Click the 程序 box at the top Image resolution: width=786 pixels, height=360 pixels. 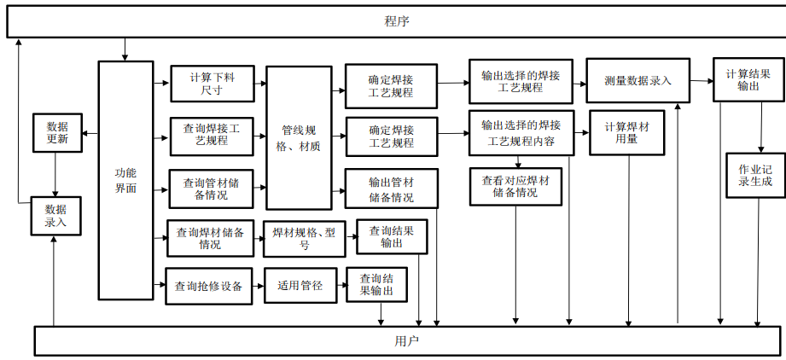(x=396, y=21)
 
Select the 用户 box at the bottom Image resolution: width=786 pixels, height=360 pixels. (x=407, y=340)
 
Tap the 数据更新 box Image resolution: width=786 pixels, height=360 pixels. (x=56, y=132)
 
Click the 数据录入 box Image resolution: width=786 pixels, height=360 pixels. (x=55, y=215)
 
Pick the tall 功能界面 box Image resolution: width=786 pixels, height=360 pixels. (x=125, y=180)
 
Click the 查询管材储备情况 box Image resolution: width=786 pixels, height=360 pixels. (x=211, y=189)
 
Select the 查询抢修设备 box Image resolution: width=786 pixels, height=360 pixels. (x=208, y=286)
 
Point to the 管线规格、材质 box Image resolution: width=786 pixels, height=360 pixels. (x=299, y=138)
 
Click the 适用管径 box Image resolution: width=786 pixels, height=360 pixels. (x=300, y=286)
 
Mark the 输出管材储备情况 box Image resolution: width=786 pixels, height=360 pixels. (x=390, y=189)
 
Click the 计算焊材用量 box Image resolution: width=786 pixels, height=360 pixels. (x=626, y=133)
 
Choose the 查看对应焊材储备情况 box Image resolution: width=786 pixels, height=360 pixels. (x=515, y=186)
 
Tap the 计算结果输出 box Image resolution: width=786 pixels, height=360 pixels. (x=747, y=79)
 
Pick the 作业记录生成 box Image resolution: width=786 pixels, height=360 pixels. (x=754, y=175)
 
